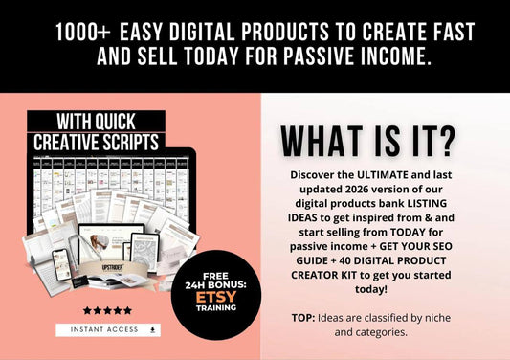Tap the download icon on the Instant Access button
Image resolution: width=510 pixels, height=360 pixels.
153,329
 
